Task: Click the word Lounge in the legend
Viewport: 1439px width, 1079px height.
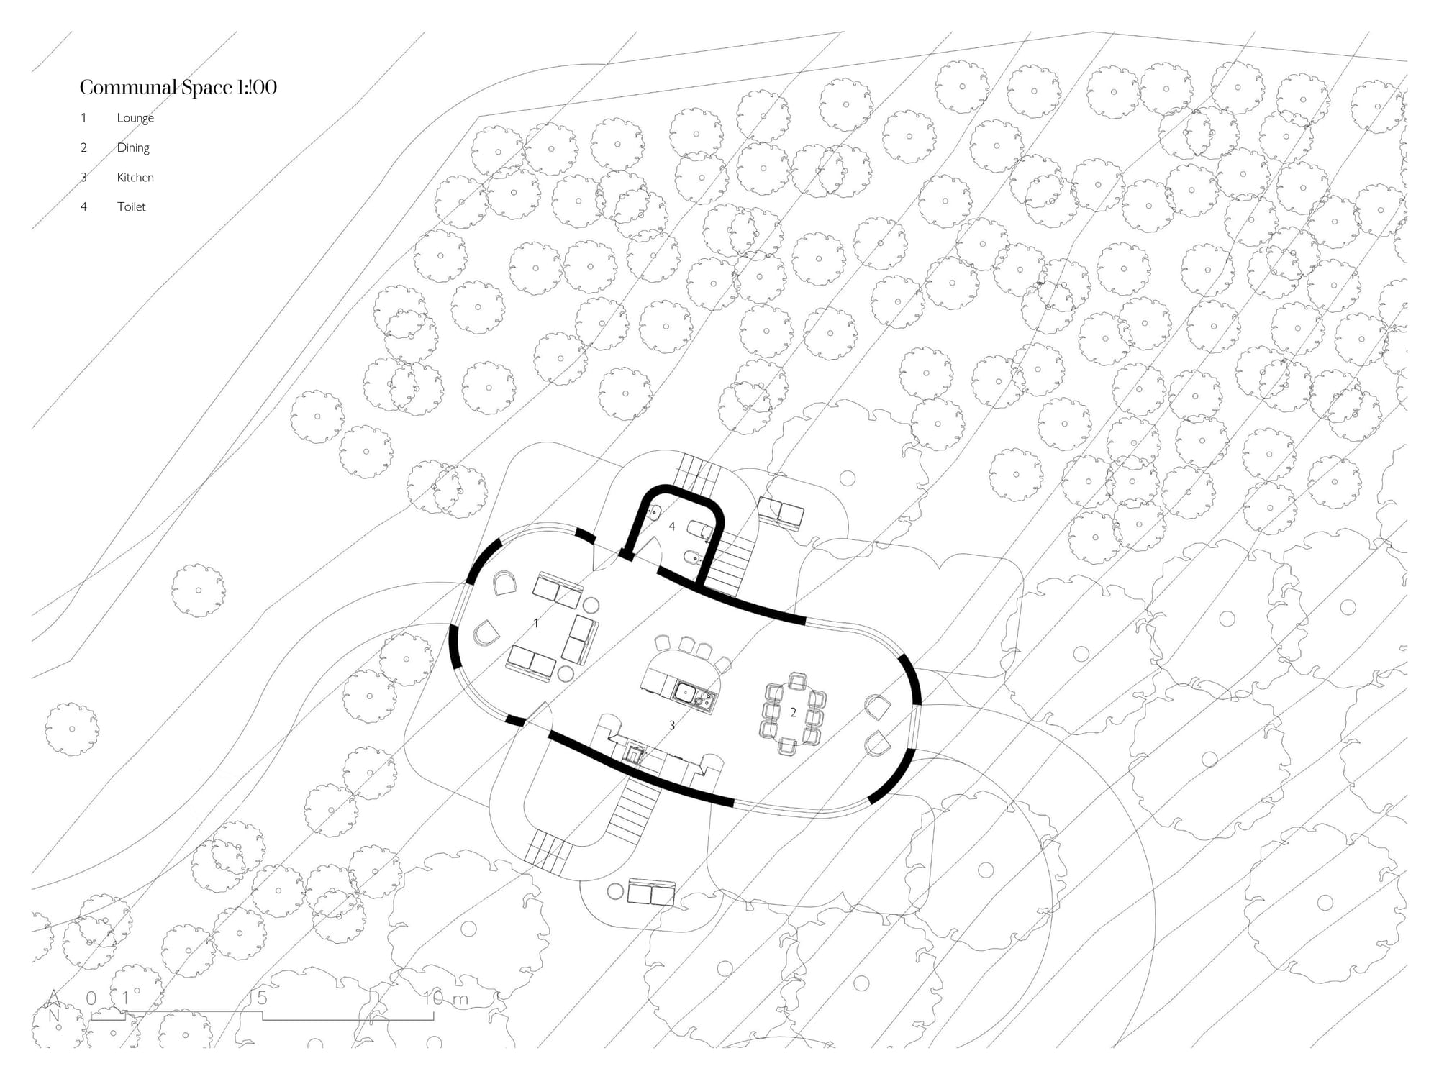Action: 135,118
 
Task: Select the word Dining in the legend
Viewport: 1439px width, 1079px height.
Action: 133,147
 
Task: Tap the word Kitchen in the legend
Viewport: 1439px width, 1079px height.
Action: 135,177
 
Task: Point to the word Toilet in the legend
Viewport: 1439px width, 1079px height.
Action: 131,206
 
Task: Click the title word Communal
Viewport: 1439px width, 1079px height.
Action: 129,87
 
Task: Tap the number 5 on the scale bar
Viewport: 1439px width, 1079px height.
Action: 263,998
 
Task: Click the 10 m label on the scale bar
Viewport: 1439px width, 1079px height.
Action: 446,998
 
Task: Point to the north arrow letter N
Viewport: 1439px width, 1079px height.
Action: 54,1016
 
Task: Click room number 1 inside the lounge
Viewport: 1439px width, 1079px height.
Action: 536,623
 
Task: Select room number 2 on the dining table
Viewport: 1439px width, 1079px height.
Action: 794,712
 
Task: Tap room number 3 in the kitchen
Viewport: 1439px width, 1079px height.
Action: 672,725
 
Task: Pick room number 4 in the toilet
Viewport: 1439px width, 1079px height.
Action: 672,527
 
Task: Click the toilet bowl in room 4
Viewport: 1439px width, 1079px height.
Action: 700,531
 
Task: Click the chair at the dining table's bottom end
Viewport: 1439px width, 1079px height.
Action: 787,746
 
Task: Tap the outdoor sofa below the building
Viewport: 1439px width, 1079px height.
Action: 651,893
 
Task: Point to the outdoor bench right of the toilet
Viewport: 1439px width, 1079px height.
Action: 782,513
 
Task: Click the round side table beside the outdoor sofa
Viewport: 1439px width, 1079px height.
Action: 615,892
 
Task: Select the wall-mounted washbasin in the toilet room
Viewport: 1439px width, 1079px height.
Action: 655,514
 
